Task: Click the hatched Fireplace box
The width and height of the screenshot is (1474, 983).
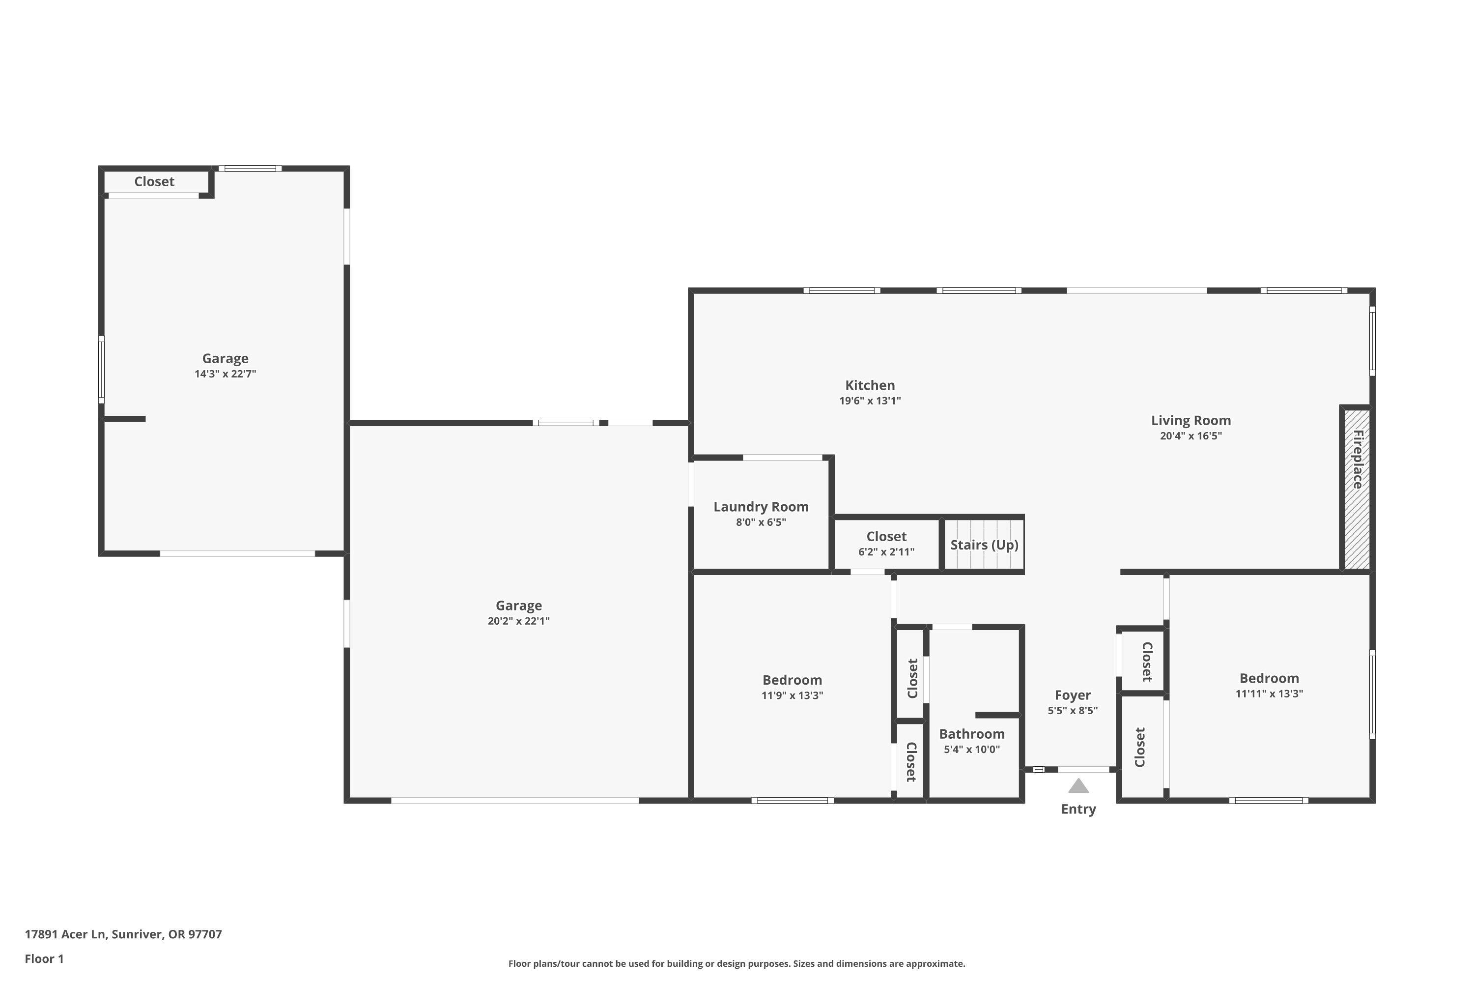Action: pyautogui.click(x=1357, y=489)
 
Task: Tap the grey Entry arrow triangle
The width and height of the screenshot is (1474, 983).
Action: pyautogui.click(x=1078, y=786)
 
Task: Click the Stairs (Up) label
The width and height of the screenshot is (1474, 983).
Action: pyautogui.click(x=984, y=545)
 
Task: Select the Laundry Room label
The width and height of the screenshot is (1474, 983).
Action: pyautogui.click(x=761, y=507)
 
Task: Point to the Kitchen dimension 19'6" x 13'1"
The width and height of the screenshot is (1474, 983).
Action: pyautogui.click(x=870, y=401)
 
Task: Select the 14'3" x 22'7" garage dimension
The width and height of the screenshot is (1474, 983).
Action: pyautogui.click(x=225, y=374)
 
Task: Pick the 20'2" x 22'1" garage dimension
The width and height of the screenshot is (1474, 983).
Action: pyautogui.click(x=518, y=621)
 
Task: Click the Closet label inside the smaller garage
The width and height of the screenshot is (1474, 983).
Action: pyautogui.click(x=154, y=182)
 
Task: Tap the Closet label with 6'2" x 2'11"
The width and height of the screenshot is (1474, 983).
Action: pyautogui.click(x=886, y=537)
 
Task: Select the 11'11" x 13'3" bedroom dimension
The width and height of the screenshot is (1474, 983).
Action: pyautogui.click(x=1269, y=694)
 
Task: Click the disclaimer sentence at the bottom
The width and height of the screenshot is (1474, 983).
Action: pyautogui.click(x=737, y=963)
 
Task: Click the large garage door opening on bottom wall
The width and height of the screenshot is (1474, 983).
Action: pyautogui.click(x=514, y=801)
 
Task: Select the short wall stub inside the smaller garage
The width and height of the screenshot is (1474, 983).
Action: pyautogui.click(x=125, y=419)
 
